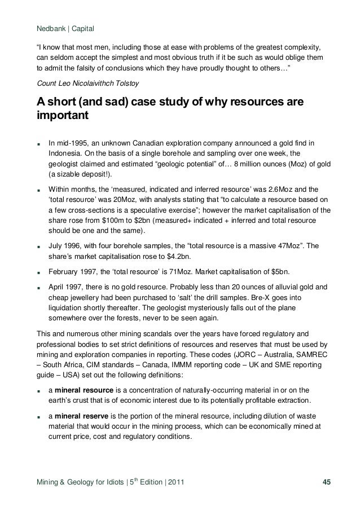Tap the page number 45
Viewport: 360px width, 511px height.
click(326, 481)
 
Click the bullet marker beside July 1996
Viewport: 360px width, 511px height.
click(38, 246)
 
